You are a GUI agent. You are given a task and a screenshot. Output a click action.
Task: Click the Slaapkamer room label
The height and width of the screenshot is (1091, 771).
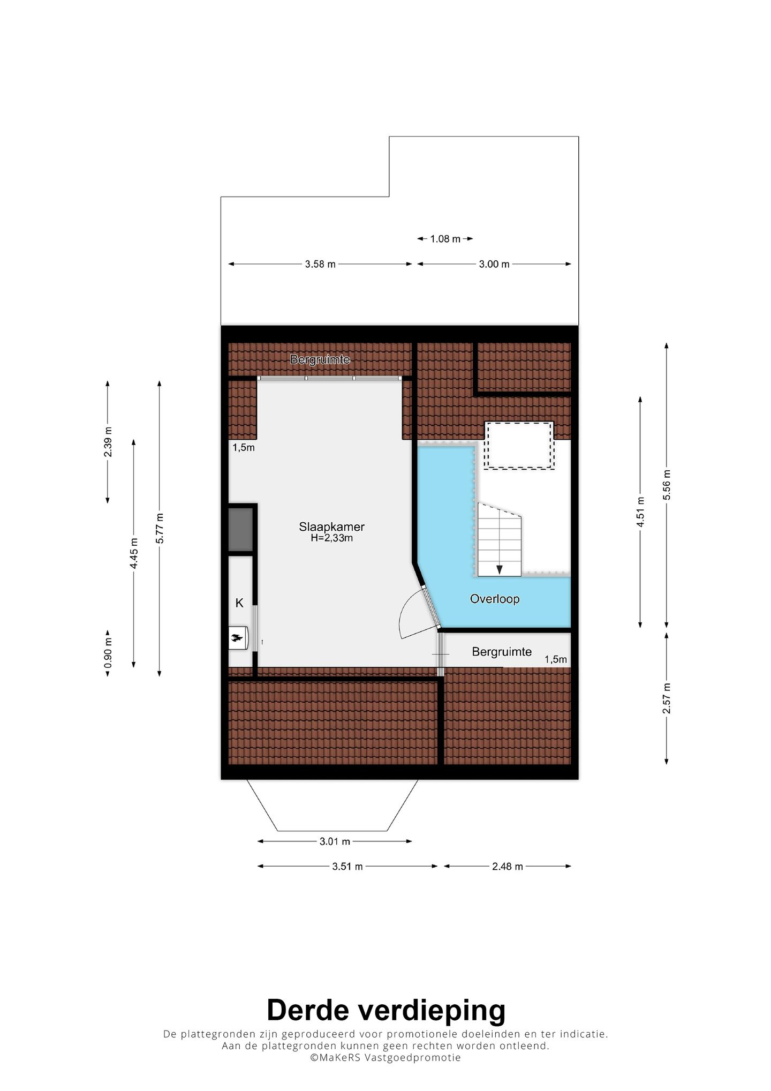pyautogui.click(x=331, y=527)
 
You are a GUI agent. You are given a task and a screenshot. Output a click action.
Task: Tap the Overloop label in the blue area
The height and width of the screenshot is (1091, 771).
pyautogui.click(x=495, y=599)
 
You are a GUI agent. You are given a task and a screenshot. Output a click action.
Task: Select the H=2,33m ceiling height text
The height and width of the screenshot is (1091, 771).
pyautogui.click(x=331, y=538)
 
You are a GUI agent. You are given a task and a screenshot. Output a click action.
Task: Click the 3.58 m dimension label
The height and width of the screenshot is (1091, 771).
pyautogui.click(x=320, y=264)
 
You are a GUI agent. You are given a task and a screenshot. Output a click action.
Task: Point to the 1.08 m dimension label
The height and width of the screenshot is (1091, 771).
pyautogui.click(x=445, y=239)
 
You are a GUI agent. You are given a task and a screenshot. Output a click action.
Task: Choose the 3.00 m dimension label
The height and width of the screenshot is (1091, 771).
pyautogui.click(x=494, y=264)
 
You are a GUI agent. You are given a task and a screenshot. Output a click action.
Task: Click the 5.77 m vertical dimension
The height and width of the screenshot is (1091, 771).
pyautogui.click(x=160, y=528)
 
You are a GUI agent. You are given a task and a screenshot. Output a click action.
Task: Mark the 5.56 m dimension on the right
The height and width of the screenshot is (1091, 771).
pyautogui.click(x=667, y=485)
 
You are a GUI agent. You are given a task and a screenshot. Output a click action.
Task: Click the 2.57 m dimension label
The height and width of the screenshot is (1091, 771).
pyautogui.click(x=667, y=698)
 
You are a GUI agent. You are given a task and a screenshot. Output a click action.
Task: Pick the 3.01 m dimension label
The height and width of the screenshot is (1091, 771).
pyautogui.click(x=335, y=841)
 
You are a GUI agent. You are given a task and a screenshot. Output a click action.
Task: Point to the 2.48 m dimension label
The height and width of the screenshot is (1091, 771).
pyautogui.click(x=507, y=867)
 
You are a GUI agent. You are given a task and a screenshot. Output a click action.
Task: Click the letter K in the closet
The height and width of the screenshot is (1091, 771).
pyautogui.click(x=239, y=603)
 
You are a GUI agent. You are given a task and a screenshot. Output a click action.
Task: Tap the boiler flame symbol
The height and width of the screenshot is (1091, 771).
pyautogui.click(x=237, y=637)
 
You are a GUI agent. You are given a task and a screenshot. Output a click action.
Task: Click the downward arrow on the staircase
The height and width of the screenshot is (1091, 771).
pyautogui.click(x=500, y=569)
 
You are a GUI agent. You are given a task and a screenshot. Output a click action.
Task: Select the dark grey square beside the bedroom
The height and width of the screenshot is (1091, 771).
pyautogui.click(x=240, y=529)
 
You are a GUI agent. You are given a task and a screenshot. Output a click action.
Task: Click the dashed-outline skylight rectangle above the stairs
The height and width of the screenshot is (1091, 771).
pyautogui.click(x=519, y=446)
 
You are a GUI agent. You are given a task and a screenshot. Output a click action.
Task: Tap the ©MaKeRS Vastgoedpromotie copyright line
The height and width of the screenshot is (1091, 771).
pyautogui.click(x=385, y=1058)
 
